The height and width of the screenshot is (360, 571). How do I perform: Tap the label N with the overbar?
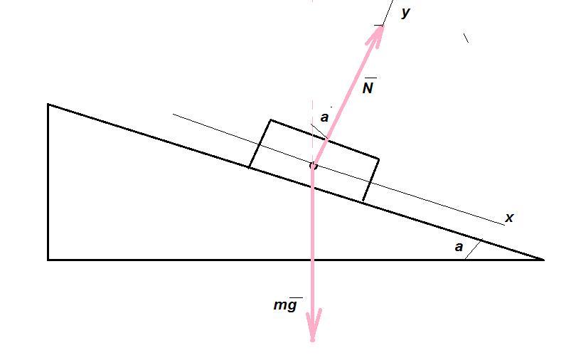click(x=368, y=88)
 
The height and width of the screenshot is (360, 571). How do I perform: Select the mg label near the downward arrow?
click(x=286, y=305)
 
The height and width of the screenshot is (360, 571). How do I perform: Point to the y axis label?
click(x=405, y=12)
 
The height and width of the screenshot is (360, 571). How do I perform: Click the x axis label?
click(x=509, y=218)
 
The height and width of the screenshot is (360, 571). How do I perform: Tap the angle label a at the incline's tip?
click(x=459, y=248)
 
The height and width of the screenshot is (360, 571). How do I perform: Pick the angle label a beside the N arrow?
click(x=324, y=117)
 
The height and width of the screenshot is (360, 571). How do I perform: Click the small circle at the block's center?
click(x=313, y=166)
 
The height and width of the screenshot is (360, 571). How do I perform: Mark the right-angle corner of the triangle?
click(x=48, y=260)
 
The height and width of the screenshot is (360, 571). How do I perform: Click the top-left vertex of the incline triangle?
click(x=48, y=105)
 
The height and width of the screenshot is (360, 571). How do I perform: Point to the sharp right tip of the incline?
click(x=543, y=260)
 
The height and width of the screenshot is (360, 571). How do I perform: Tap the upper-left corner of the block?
click(x=270, y=120)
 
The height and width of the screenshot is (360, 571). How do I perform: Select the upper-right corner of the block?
click(x=378, y=159)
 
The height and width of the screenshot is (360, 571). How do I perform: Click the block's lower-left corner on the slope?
click(x=249, y=168)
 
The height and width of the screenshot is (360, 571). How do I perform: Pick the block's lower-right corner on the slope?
click(x=363, y=201)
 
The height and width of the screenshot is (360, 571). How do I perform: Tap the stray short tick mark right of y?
click(x=466, y=38)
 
